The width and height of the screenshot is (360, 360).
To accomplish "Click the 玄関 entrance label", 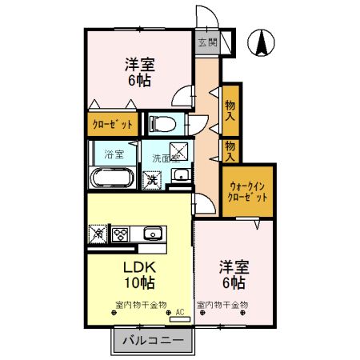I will pos(207,42).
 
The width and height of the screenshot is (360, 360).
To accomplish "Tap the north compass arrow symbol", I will pos(262,42).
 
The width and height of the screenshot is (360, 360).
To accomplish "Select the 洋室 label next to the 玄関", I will pos(139,63).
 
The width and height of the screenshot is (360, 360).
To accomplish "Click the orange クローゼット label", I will pos(111,125).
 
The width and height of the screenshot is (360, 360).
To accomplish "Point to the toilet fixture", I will pos(161,123).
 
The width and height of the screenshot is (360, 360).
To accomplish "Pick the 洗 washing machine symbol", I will pos(150,180).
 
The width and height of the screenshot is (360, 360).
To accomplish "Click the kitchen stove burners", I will pos(120,234).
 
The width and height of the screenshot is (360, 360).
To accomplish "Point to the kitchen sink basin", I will pos(152,234).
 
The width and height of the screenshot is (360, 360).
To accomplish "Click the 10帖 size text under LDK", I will pos(139,282).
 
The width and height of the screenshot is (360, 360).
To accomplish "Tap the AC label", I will pos(179,311).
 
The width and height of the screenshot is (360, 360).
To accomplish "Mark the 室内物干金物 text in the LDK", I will pos(140,305).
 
